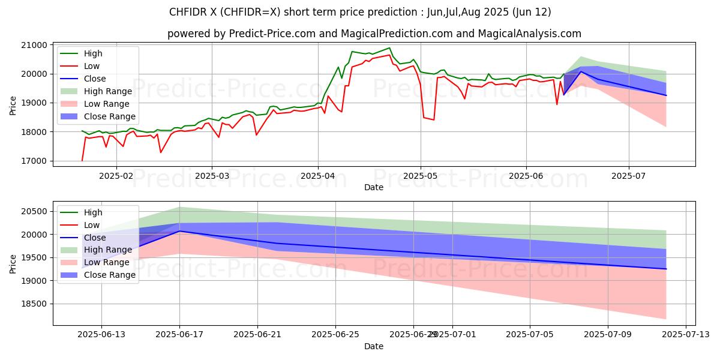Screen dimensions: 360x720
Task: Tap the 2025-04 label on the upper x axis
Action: click(x=318, y=176)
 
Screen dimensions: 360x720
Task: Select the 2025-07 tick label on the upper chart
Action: click(x=629, y=176)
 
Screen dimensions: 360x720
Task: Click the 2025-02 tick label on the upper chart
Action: click(x=116, y=176)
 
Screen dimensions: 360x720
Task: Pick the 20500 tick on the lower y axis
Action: click(x=35, y=211)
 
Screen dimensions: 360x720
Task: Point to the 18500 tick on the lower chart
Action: click(x=35, y=304)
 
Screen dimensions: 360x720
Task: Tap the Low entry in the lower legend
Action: click(x=92, y=225)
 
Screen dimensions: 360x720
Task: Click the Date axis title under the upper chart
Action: click(x=374, y=187)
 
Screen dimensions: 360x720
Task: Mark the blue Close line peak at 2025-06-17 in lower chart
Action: click(x=179, y=231)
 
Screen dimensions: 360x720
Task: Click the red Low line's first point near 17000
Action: click(x=82, y=160)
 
